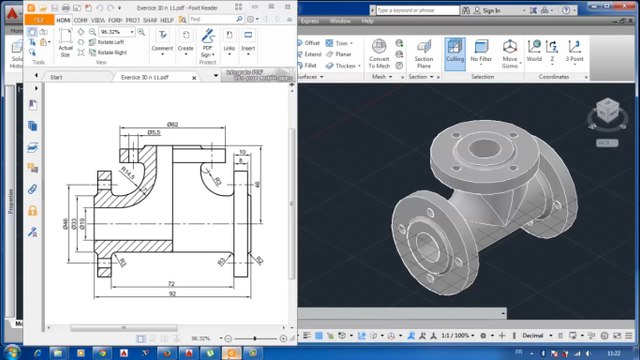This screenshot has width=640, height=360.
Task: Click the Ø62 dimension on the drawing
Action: coord(172,124)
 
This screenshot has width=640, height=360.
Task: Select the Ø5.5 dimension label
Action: coord(154,132)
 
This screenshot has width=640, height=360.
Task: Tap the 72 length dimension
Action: coord(171,284)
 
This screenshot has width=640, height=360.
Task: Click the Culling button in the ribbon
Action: coord(455,53)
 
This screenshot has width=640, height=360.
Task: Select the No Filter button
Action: coord(482,53)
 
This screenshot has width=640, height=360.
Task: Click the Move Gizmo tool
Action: coord(510,53)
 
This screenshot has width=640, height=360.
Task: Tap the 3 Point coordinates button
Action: coord(574,53)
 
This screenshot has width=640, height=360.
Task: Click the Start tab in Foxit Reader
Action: coord(56,77)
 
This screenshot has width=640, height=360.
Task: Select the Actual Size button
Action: coord(65,47)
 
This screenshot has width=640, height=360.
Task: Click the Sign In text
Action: coord(490,11)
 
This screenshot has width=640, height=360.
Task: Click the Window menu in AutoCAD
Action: coord(340,20)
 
